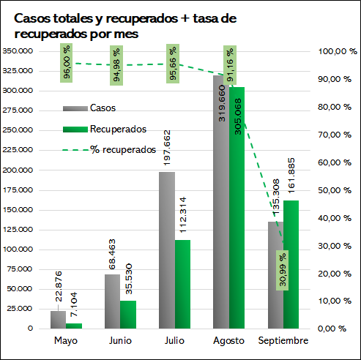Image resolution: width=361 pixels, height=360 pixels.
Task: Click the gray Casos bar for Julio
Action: (x=167, y=250)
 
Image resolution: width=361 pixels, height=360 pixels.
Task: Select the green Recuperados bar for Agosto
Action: (x=237, y=208)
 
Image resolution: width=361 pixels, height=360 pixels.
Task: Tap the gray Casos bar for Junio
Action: (x=113, y=301)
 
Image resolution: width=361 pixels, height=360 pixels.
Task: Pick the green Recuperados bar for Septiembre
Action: (x=291, y=265)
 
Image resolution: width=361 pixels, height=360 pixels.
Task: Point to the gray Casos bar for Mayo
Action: (x=58, y=320)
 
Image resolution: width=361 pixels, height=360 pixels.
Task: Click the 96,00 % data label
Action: (x=67, y=63)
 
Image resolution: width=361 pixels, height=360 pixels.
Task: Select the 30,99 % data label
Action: (x=282, y=270)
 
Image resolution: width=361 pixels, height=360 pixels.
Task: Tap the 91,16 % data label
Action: (x=230, y=65)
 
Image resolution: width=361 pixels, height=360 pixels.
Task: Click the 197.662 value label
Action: (x=167, y=148)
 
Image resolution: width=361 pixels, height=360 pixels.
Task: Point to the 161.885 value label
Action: (x=291, y=176)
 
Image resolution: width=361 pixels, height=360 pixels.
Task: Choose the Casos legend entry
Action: (x=89, y=108)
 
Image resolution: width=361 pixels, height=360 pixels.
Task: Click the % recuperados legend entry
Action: (x=109, y=150)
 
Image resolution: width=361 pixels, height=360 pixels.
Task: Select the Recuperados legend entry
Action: (x=105, y=129)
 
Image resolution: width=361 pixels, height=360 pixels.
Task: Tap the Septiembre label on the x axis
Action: (x=283, y=340)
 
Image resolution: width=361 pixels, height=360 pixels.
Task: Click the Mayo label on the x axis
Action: (x=66, y=341)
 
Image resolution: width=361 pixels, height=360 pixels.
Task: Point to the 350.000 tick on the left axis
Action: (x=18, y=51)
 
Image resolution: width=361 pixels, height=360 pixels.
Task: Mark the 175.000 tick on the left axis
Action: (x=18, y=190)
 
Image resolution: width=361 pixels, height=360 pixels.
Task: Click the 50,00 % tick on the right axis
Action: (x=335, y=190)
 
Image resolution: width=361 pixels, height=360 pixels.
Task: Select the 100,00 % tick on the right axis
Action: (x=338, y=51)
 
